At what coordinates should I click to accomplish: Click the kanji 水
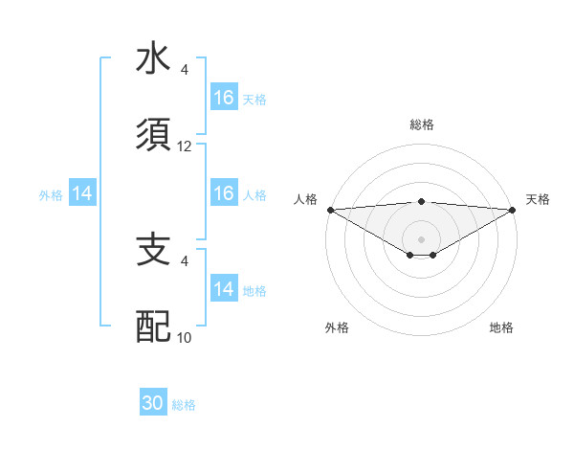point(153,58)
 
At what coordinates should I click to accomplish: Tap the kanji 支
point(153,249)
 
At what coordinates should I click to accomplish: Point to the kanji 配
point(153,326)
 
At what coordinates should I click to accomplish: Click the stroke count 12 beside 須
point(185,146)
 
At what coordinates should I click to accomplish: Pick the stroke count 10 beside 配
point(185,337)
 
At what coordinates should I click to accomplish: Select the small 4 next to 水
point(184,69)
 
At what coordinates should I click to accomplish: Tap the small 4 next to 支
point(184,259)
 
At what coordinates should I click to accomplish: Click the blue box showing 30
point(153,404)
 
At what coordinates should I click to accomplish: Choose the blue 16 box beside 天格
point(224,98)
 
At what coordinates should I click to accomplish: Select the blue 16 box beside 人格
point(224,194)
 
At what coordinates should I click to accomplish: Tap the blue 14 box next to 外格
point(82,194)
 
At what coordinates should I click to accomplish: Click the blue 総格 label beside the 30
point(184,406)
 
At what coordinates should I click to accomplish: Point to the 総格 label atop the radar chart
point(421,124)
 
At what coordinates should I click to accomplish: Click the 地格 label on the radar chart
point(501,328)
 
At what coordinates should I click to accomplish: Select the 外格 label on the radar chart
point(337,328)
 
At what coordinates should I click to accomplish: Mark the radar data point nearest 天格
point(512,210)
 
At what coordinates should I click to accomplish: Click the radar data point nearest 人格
point(330,210)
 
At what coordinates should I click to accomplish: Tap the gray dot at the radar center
point(421,238)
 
